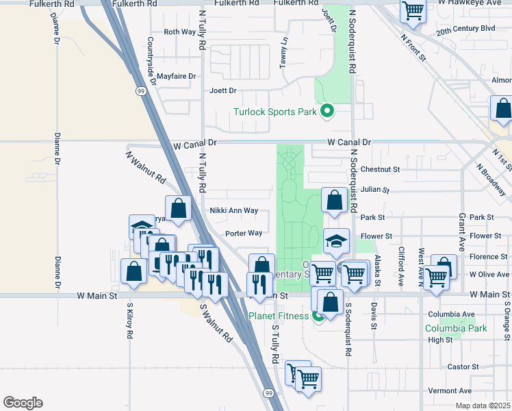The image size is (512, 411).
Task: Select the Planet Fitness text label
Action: click(x=279, y=316)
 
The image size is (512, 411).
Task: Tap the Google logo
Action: click(x=23, y=403)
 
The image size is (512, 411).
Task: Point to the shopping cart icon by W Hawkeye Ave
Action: click(x=413, y=10)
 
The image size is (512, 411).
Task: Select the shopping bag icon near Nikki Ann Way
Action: click(x=178, y=209)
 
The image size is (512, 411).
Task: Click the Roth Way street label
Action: click(x=180, y=32)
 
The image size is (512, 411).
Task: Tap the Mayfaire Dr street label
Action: click(x=176, y=76)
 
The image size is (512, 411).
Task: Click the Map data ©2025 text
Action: click(x=482, y=405)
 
